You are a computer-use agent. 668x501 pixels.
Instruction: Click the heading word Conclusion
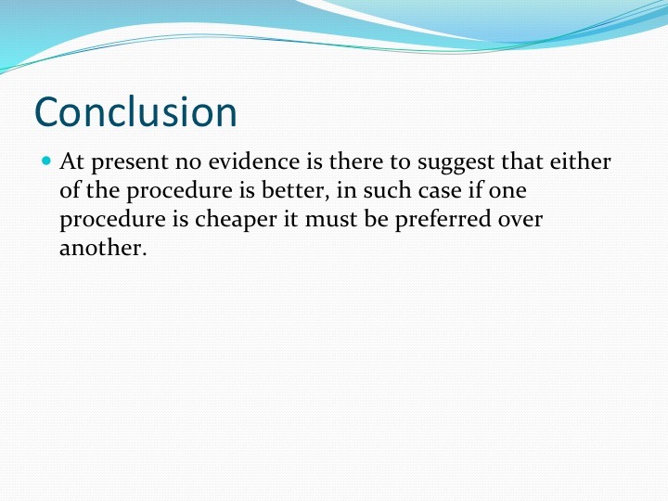[x=135, y=112]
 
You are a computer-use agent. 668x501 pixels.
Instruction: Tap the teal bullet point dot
[x=46, y=161]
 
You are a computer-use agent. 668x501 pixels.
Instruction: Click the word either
[x=580, y=161]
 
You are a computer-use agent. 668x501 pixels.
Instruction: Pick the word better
[x=292, y=190]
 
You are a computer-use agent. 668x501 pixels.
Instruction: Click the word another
[x=100, y=248]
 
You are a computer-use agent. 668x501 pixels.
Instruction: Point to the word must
[x=331, y=220]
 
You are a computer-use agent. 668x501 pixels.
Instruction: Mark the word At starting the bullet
[x=72, y=161]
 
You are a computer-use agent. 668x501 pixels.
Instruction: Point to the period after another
[x=144, y=254]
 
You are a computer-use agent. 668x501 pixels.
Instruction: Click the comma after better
[x=328, y=199]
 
